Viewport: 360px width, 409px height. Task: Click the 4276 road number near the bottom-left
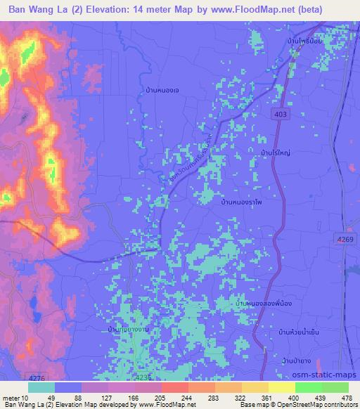[13, 377]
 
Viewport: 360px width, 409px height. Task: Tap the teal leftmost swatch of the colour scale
[41, 387]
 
